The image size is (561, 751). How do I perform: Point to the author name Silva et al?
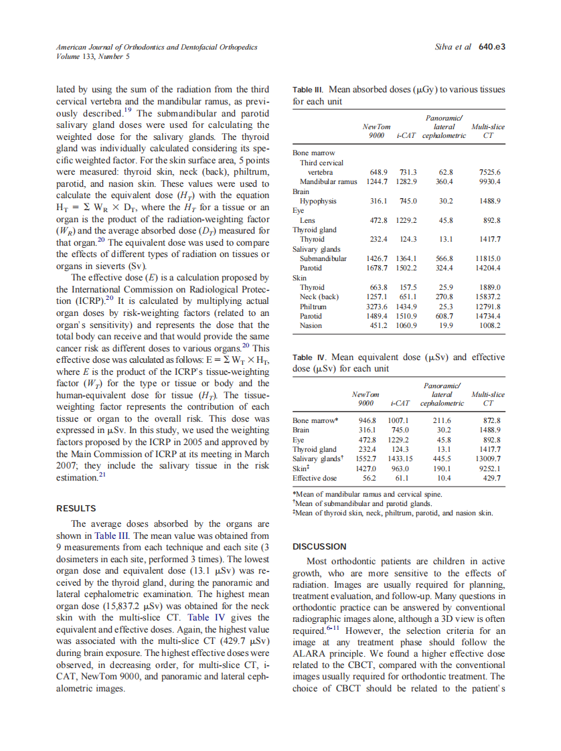[x=453, y=47]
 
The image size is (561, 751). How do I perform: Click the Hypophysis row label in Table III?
[x=318, y=201]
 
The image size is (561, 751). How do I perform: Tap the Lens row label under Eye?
[x=307, y=220]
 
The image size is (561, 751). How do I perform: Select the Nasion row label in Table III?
[x=311, y=326]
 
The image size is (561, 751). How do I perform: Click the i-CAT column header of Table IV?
[x=399, y=404]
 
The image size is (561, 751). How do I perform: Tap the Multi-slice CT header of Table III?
[x=488, y=131]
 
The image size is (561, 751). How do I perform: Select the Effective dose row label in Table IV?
[x=315, y=478]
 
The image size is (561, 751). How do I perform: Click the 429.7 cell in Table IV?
[x=492, y=478]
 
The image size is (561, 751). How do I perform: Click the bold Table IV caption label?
[x=303, y=358]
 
